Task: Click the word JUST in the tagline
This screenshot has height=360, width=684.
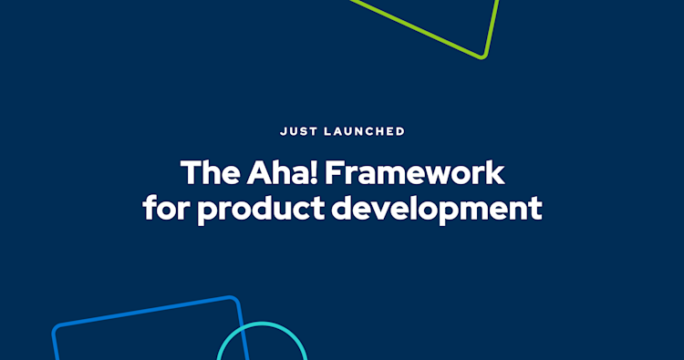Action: tap(296, 131)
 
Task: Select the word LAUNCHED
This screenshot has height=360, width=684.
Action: tap(364, 131)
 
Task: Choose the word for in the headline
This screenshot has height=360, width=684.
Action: tap(165, 209)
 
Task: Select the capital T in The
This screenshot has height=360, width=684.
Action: tap(188, 173)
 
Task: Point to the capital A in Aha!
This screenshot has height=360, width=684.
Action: tap(256, 173)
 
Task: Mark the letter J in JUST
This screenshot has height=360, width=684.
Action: tap(282, 131)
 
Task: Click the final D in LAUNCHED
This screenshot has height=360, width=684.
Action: tap(400, 131)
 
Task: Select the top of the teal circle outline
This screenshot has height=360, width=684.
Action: tap(262, 324)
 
